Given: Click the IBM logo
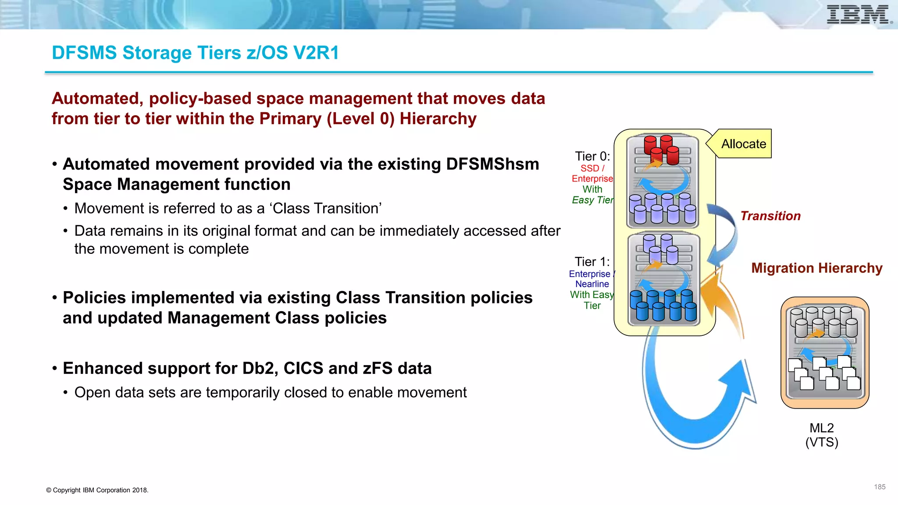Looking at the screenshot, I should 858,14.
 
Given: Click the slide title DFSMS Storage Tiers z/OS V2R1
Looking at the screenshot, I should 195,53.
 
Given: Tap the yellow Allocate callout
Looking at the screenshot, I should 743,144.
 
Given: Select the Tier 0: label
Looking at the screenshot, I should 592,156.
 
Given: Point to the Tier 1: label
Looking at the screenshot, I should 592,262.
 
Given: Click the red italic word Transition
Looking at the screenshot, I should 770,216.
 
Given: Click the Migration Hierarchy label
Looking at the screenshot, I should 816,268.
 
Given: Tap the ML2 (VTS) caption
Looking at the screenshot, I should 822,435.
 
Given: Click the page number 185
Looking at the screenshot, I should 880,487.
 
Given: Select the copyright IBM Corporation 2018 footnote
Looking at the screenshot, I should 97,490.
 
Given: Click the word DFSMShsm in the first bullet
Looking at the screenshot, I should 492,164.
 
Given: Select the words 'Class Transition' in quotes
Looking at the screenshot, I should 327,208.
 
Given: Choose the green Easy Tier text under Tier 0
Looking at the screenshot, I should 593,200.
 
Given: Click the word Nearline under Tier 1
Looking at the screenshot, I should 592,284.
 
